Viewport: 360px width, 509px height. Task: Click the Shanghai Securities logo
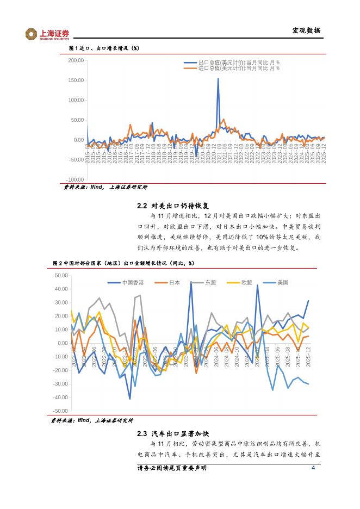(48, 34)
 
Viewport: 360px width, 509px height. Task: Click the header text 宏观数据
(307, 30)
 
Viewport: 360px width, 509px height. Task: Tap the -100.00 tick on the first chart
(75, 179)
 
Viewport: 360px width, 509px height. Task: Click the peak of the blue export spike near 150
(218, 79)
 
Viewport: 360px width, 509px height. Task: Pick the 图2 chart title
(123, 263)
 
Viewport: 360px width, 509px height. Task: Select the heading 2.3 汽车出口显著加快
(172, 433)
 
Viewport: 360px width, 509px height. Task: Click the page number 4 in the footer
(313, 469)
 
